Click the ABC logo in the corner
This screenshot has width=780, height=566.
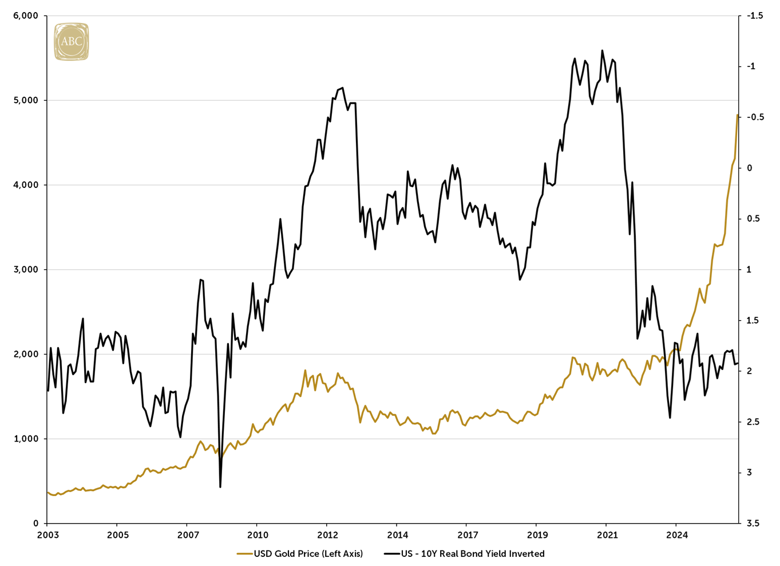(71, 41)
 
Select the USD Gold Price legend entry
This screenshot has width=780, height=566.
(300, 553)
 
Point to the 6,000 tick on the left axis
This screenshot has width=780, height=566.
(25, 16)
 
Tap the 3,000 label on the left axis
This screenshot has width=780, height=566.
(25, 270)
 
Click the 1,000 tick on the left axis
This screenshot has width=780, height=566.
(25, 439)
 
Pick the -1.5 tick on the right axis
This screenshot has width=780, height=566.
(755, 16)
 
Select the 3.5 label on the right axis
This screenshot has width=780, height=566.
(753, 524)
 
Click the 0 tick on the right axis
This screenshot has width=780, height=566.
(749, 168)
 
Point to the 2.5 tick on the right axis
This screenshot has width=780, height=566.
(753, 422)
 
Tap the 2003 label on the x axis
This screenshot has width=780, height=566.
(47, 535)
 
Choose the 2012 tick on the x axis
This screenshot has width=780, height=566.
(327, 535)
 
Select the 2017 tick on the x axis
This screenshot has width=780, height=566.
(468, 535)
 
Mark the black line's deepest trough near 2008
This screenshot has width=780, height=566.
(220, 487)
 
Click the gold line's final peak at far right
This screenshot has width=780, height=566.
(737, 115)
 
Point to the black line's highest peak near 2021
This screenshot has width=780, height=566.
(602, 50)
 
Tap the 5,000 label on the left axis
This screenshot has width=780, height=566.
(25, 101)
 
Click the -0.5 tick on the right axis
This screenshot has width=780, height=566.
(755, 117)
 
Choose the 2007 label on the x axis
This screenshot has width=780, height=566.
(188, 535)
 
